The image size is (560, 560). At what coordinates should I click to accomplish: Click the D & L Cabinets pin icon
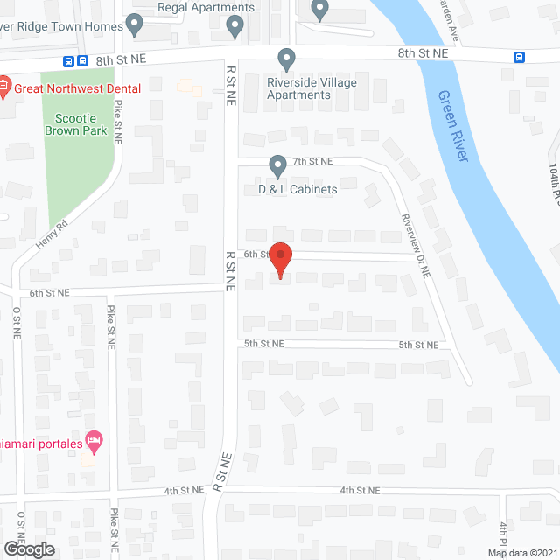click(277, 164)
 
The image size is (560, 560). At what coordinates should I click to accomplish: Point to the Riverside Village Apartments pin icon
click(286, 59)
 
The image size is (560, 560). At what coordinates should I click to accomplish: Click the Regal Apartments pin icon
click(234, 26)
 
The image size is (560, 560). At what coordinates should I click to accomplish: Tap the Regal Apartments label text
click(206, 8)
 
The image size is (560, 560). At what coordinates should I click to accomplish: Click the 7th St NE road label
click(312, 161)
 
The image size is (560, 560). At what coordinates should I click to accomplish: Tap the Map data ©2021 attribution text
click(521, 553)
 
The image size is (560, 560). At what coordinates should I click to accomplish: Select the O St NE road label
click(17, 326)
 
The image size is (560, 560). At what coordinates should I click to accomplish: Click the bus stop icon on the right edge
click(519, 58)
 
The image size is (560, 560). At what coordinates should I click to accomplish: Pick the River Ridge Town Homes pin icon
click(134, 24)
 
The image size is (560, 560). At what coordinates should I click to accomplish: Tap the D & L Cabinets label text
click(297, 189)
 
